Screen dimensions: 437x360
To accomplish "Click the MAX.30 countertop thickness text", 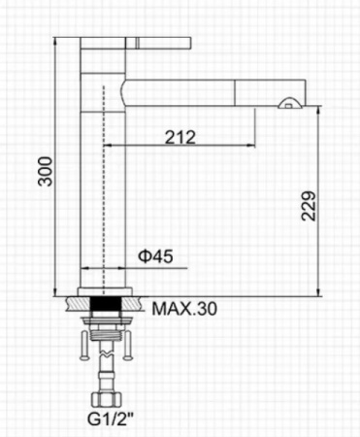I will coord(184,309).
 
